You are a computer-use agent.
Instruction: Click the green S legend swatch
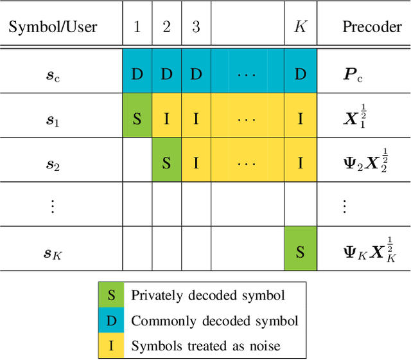click(x=111, y=295)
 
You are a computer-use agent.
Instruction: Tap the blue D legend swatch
click(x=111, y=320)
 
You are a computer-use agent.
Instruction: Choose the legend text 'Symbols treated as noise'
click(x=205, y=346)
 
